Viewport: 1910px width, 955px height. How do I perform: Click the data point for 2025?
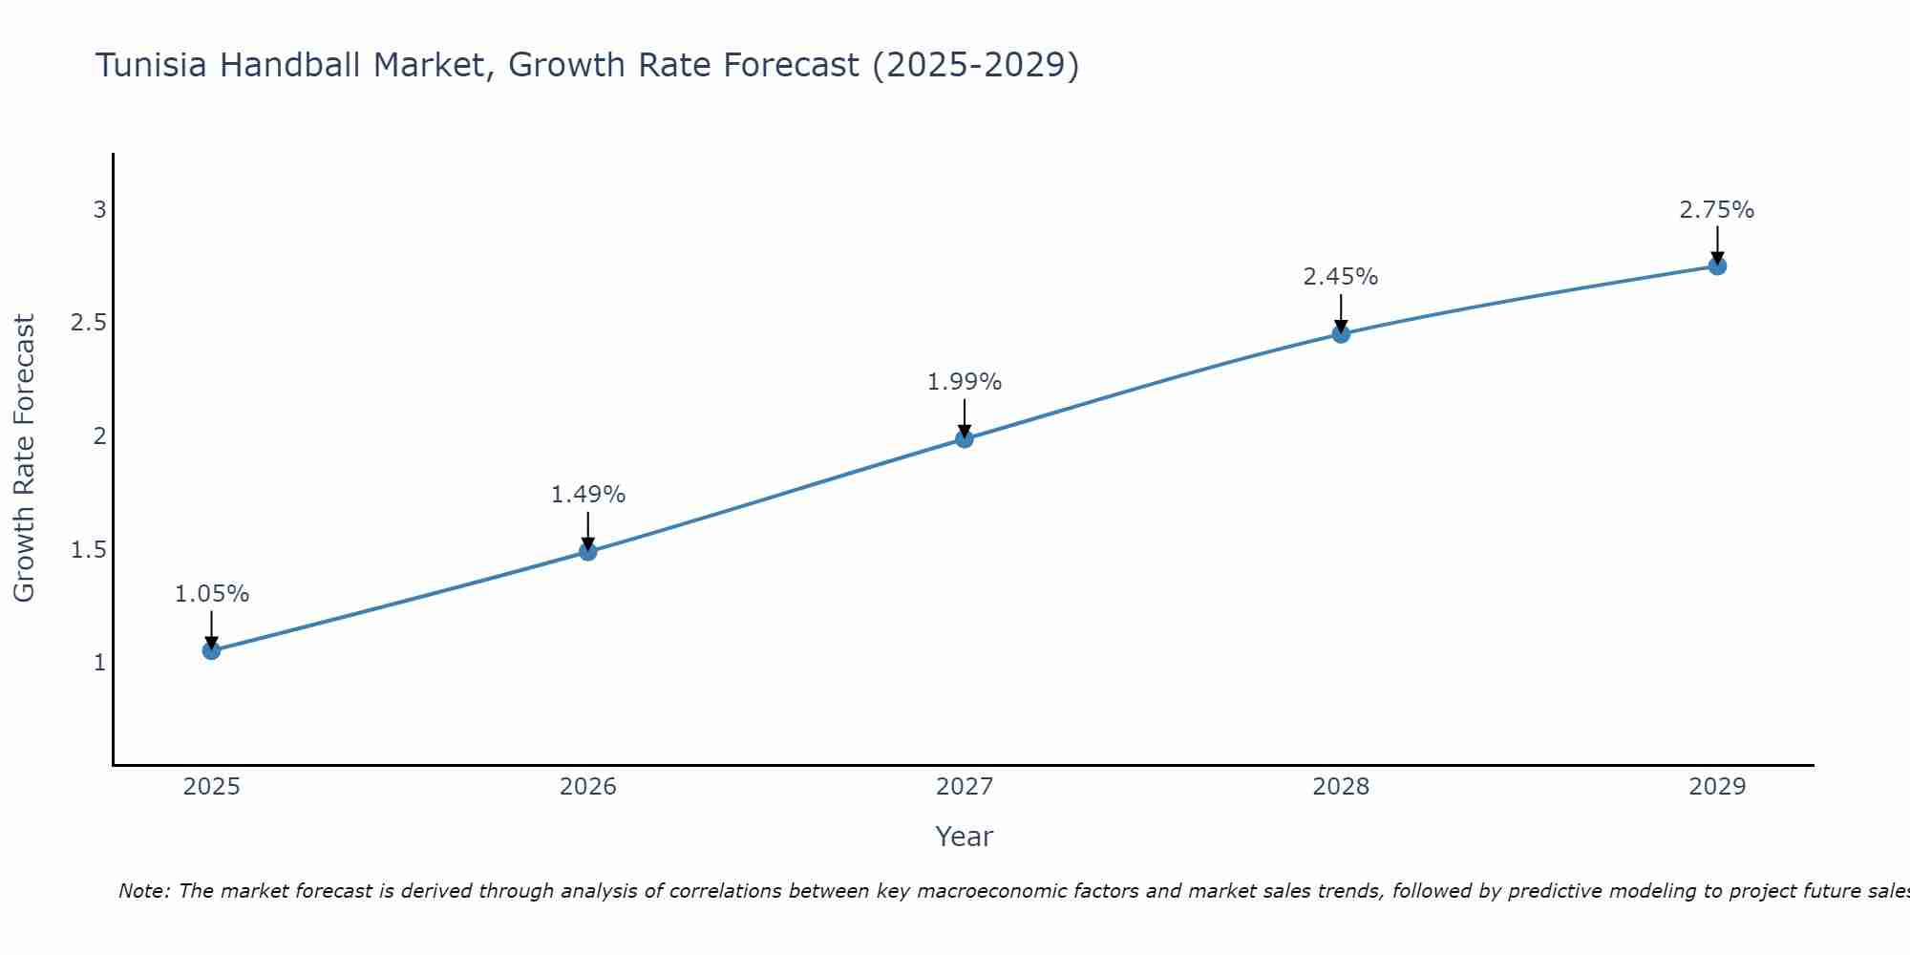click(211, 650)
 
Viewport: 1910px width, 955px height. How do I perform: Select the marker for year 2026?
click(587, 551)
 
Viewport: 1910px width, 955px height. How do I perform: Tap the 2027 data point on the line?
click(964, 438)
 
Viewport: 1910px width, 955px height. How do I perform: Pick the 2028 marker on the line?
click(1340, 333)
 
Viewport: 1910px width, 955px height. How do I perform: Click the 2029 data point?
click(1716, 265)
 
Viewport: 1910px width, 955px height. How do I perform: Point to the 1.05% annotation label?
click(211, 594)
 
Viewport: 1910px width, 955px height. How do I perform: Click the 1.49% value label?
click(587, 495)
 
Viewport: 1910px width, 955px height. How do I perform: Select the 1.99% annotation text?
click(964, 382)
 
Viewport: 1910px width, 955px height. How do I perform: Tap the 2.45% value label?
click(1340, 277)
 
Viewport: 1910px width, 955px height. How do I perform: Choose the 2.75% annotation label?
click(1716, 210)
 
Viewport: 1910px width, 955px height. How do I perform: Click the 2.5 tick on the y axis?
click(88, 323)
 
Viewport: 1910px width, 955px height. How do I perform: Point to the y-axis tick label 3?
click(99, 209)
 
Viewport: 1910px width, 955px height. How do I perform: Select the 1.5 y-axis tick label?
click(88, 550)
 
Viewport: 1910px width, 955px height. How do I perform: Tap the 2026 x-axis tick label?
click(587, 787)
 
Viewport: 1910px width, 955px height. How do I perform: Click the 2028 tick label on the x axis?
click(1340, 787)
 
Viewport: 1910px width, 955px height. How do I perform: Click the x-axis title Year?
click(964, 837)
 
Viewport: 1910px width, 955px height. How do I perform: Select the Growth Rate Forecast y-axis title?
click(24, 458)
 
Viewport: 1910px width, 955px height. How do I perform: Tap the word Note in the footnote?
click(143, 891)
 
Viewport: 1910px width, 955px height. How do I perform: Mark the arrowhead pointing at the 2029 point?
click(1716, 257)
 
